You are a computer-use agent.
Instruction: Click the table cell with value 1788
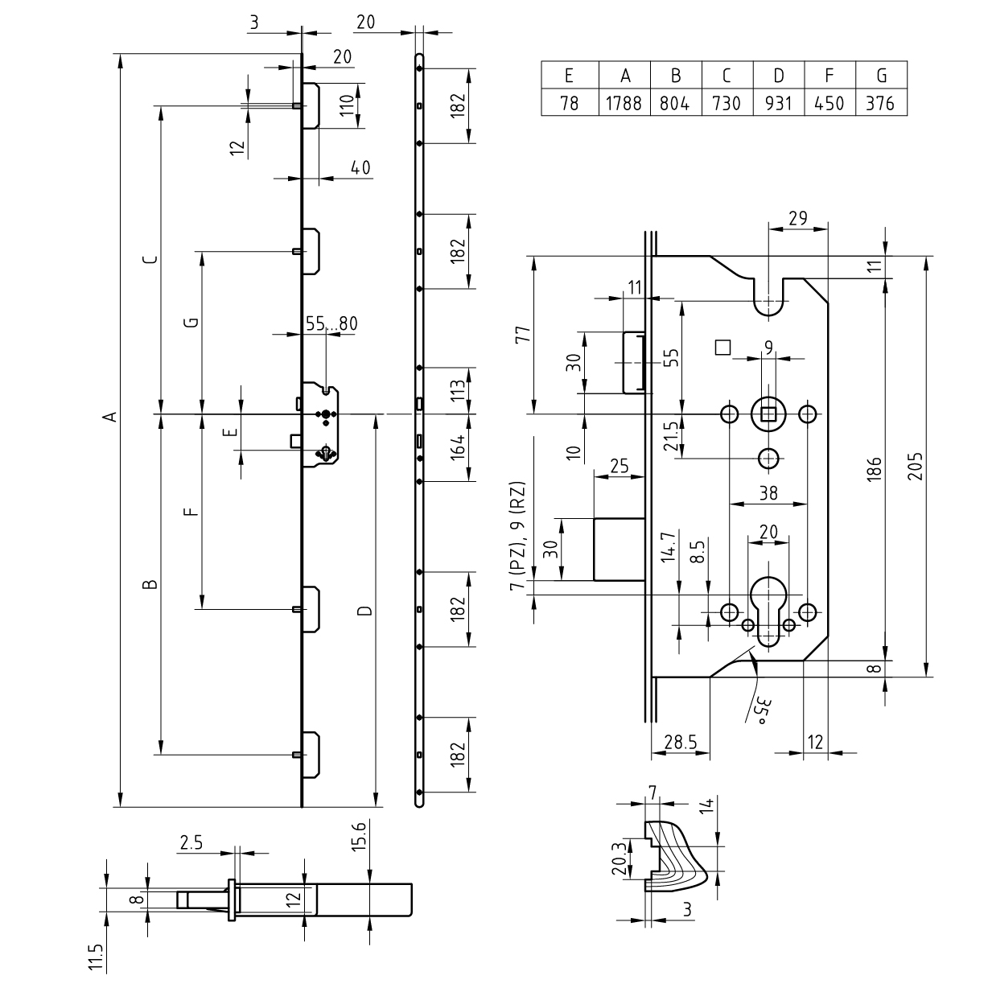(624, 102)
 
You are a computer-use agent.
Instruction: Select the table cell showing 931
(778, 102)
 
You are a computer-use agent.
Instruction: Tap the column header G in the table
(881, 75)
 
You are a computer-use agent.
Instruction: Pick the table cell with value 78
(570, 102)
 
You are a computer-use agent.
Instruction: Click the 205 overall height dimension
(916, 466)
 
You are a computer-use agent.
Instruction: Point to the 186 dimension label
(875, 468)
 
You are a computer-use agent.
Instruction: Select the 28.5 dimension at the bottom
(681, 742)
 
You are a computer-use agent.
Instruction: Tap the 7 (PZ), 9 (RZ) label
(518, 536)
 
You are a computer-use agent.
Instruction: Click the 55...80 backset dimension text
(331, 323)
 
